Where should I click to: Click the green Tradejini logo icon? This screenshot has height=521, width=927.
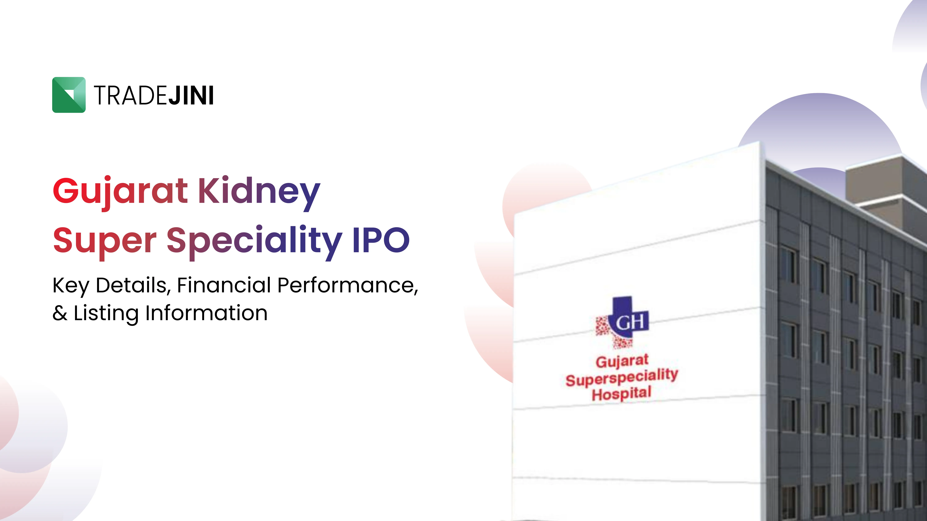coord(69,95)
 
